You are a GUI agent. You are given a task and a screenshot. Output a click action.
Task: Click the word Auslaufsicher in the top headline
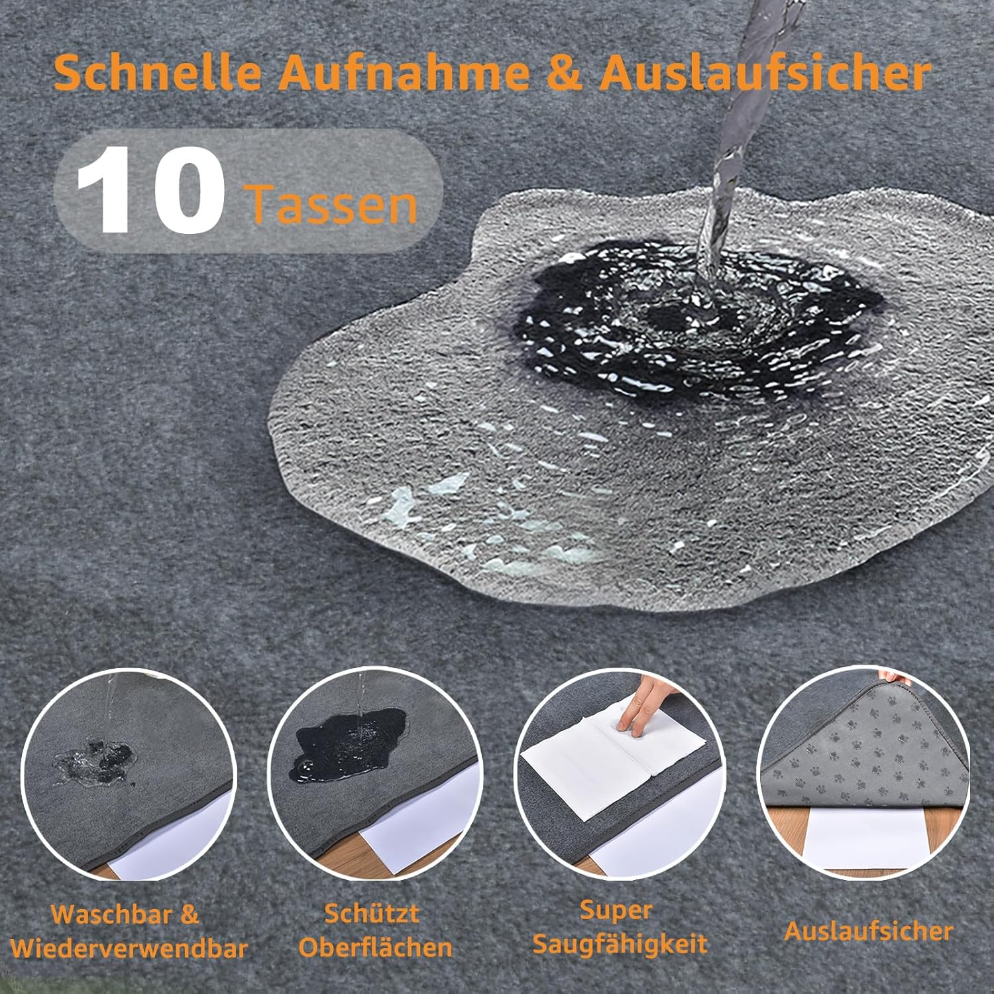tap(765, 74)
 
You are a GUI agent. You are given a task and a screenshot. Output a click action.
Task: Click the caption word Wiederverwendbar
tap(129, 948)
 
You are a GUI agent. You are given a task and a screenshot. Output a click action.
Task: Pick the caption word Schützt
tap(372, 913)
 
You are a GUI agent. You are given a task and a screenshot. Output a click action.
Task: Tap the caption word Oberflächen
tap(375, 947)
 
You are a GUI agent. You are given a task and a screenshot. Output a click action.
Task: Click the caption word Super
tap(616, 910)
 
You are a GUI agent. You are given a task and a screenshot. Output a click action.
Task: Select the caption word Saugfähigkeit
tap(620, 944)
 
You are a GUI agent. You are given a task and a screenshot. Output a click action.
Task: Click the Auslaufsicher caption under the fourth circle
tap(868, 931)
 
